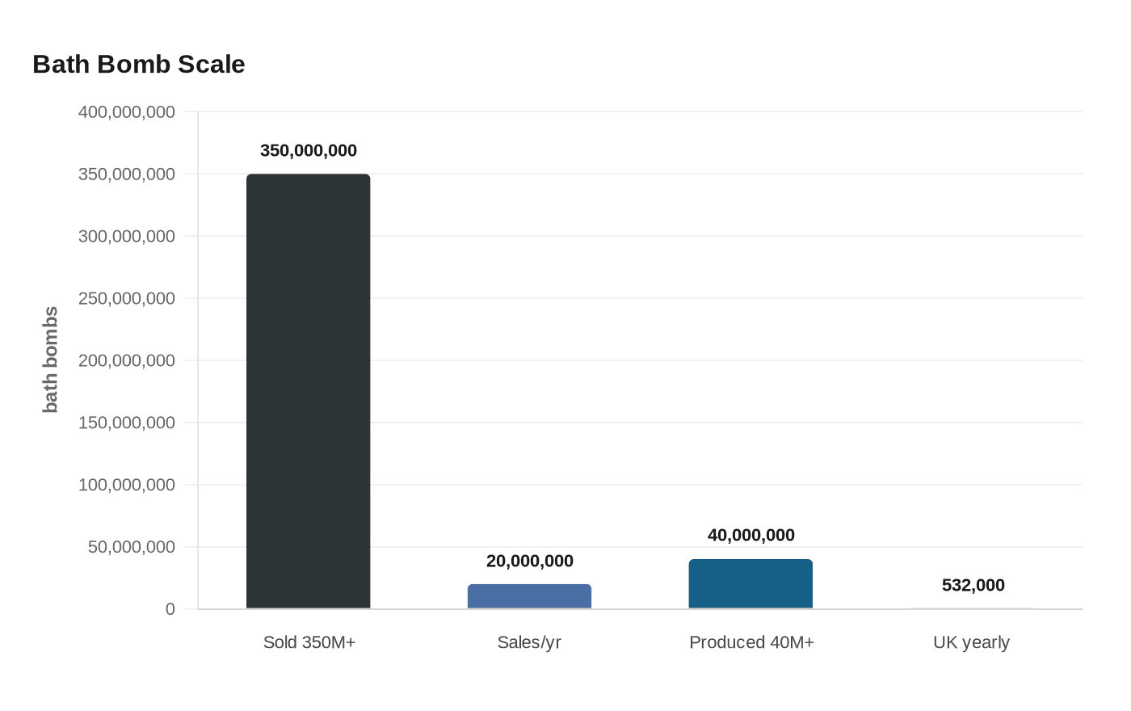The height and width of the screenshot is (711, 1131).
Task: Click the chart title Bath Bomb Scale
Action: [x=139, y=65]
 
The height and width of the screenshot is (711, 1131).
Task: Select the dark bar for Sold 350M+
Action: [x=308, y=391]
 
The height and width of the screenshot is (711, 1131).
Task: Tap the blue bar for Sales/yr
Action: [x=529, y=596]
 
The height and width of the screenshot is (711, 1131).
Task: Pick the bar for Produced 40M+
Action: [x=750, y=583]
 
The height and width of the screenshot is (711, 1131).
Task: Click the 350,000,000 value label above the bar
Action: [x=308, y=150]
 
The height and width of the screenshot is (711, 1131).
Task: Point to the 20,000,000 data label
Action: [x=530, y=561]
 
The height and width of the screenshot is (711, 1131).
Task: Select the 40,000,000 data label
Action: [x=750, y=535]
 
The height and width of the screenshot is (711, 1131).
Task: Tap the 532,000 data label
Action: [x=973, y=585]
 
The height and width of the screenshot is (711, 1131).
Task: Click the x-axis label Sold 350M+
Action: [x=309, y=642]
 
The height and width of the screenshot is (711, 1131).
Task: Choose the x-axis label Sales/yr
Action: [x=529, y=642]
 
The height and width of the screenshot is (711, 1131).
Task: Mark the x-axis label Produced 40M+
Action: [x=751, y=642]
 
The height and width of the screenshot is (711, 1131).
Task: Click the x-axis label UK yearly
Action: [x=971, y=643]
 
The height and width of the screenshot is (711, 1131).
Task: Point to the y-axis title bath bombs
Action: [x=50, y=360]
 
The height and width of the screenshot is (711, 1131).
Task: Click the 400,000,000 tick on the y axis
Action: [x=127, y=112]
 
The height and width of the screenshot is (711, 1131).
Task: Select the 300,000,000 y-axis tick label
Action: [x=127, y=236]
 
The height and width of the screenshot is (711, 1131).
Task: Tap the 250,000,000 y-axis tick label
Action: [x=127, y=298]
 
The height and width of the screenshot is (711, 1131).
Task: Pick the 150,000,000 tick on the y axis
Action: [x=127, y=423]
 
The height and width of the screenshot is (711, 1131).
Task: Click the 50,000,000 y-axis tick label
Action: [x=131, y=547]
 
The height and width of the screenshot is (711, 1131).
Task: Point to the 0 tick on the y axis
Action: [x=170, y=609]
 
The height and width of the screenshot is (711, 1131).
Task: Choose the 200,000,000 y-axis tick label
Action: [x=127, y=360]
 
